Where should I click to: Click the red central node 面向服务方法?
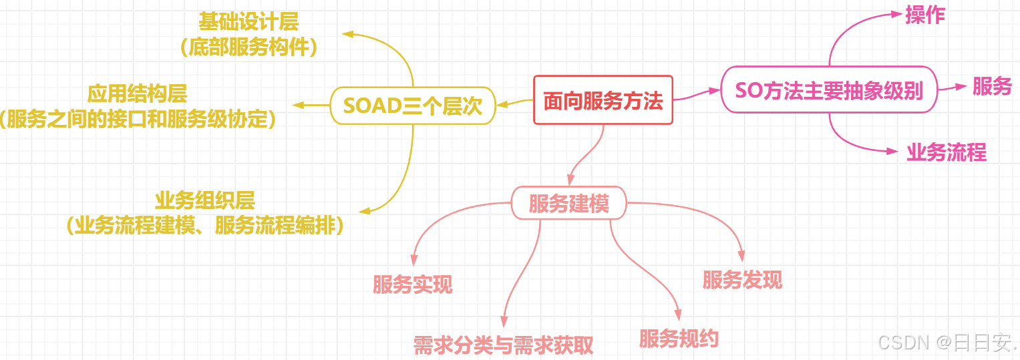point(603,100)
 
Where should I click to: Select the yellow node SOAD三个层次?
point(413,106)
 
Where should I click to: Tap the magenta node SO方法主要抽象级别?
point(829,89)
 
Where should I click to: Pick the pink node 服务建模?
point(569,203)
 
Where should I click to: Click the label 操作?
point(925,15)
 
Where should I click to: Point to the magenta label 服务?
point(992,86)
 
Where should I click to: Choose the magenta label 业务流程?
point(947,152)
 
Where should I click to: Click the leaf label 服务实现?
point(412,285)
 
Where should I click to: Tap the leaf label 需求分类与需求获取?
point(503,345)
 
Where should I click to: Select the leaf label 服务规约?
point(679,339)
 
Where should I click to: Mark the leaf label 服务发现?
point(742,280)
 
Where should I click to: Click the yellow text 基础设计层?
point(248,22)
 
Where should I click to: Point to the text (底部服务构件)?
point(248,48)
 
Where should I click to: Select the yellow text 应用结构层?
point(138,93)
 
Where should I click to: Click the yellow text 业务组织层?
point(205,200)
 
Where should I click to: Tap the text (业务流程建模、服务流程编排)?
point(205,226)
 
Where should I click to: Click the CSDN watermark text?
point(947,343)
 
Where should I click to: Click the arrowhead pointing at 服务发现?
point(741,256)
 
